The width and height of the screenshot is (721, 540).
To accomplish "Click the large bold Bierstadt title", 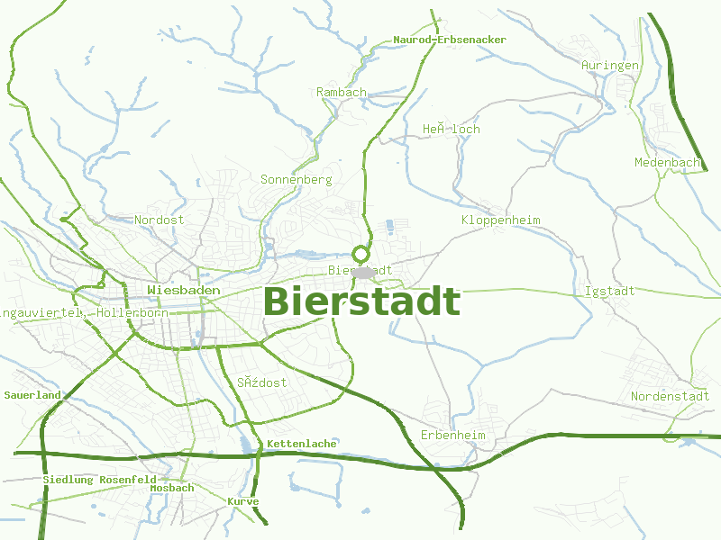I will point(361,301).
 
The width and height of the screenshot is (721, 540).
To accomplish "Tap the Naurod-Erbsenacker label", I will point(450,40).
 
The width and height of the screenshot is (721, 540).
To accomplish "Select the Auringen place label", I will point(610,66).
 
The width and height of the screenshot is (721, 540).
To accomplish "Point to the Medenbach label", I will point(668,162).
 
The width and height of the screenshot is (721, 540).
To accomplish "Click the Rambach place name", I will point(342,92).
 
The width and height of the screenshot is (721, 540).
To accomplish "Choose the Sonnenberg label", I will point(297,179).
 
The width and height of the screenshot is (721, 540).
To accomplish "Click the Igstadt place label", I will point(610,291).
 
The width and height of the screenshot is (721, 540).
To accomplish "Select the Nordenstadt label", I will point(670,396).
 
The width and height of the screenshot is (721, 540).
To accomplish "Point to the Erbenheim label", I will point(453,436).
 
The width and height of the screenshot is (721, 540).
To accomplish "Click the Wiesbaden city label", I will point(184,291).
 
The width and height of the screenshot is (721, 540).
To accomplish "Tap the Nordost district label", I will point(159,220).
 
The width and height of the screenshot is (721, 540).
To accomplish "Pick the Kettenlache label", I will point(302,444).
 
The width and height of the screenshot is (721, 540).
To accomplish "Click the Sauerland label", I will point(32,395).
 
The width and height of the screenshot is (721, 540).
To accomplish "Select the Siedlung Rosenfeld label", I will point(99,480).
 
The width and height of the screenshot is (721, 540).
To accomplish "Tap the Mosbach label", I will point(172,488).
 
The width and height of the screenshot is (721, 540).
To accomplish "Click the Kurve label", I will point(243,501).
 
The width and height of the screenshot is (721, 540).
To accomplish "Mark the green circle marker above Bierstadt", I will point(361,254).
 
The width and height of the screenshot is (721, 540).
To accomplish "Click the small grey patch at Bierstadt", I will point(363,271).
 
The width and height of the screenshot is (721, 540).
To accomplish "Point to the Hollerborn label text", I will point(132,312).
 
